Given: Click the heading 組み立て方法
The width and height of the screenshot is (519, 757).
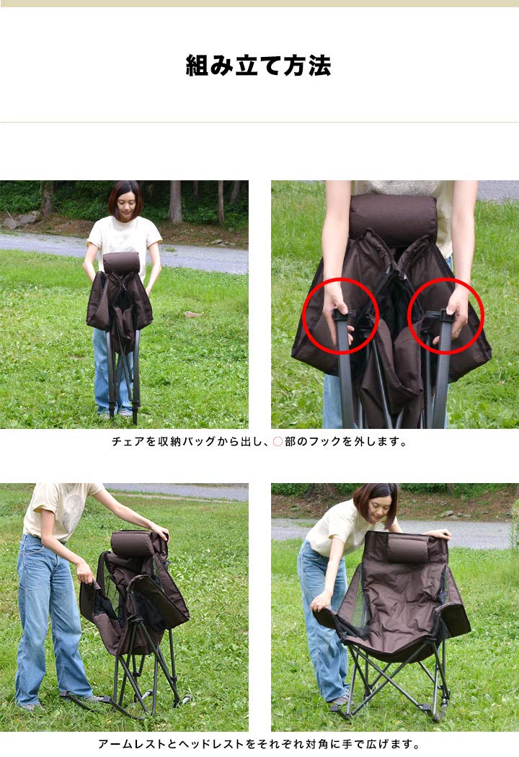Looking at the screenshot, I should [259, 66].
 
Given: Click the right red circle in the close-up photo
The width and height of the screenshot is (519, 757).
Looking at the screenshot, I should [445, 316].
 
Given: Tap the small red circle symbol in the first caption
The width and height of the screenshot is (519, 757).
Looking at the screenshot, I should [277, 441].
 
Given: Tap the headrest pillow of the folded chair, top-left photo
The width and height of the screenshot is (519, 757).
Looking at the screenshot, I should [121, 262].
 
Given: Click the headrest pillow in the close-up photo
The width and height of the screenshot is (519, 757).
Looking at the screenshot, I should [394, 218].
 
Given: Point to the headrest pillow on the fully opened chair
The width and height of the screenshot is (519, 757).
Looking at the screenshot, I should [409, 550].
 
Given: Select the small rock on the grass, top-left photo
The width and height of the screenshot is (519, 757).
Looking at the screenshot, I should [192, 314].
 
